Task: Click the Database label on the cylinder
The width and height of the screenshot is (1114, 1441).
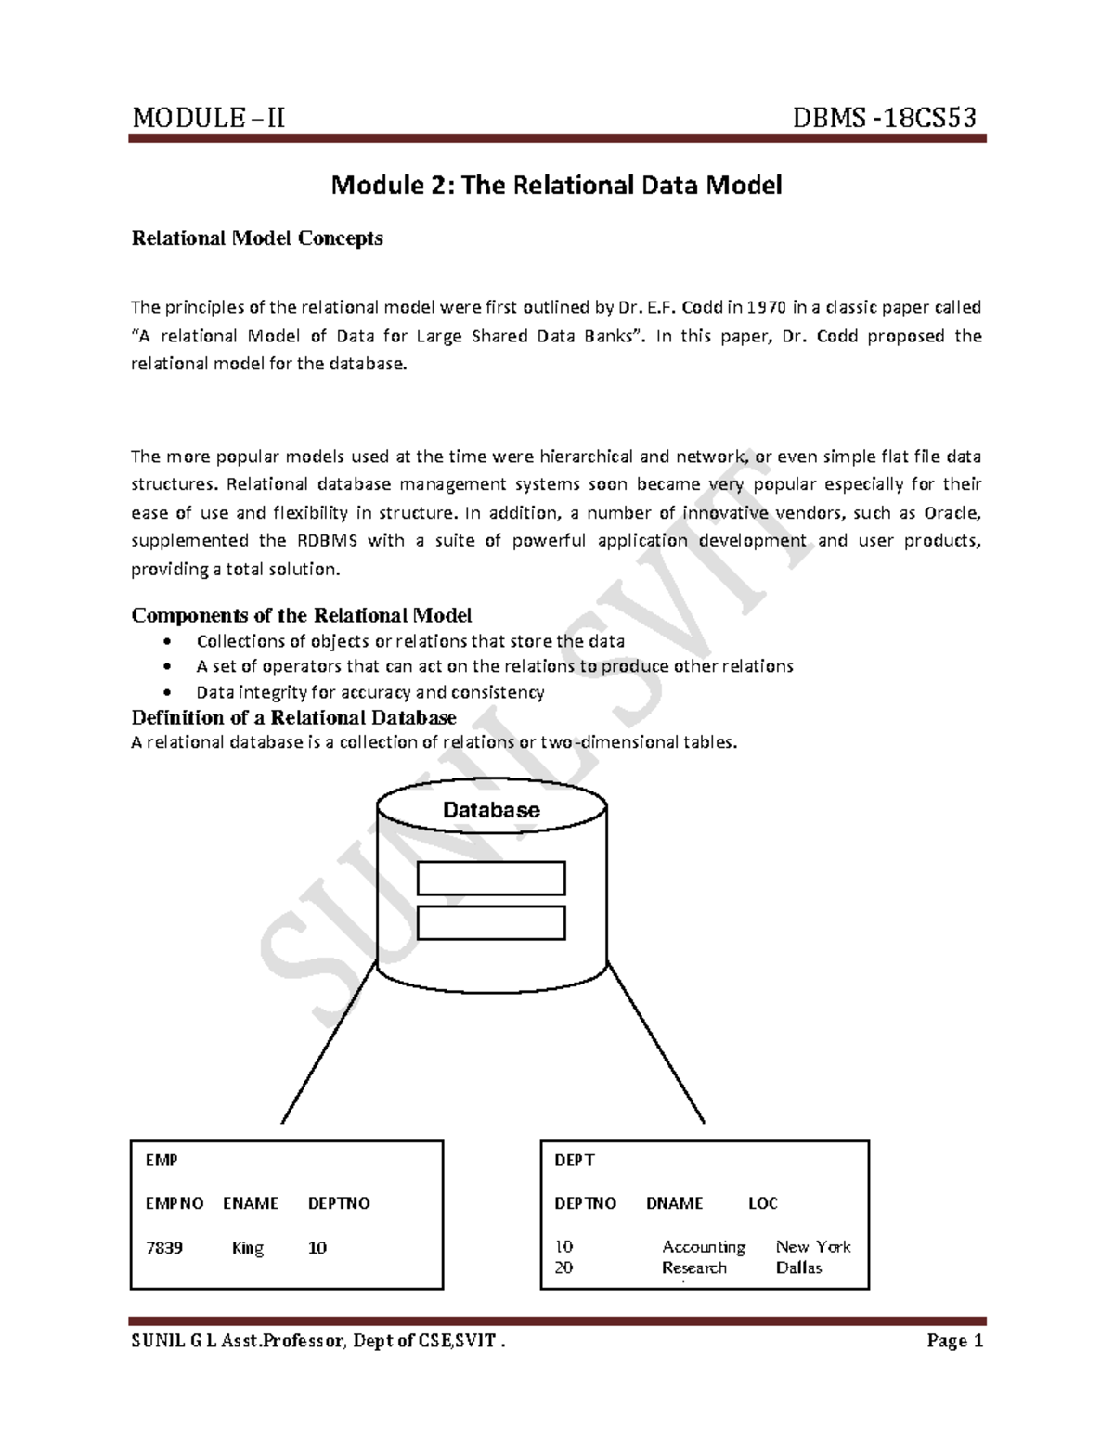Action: click(491, 810)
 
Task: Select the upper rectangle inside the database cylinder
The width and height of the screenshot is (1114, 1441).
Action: click(491, 878)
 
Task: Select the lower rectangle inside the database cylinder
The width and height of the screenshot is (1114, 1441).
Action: click(491, 922)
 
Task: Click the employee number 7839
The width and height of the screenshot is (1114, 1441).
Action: click(164, 1248)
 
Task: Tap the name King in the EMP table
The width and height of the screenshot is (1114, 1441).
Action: click(248, 1248)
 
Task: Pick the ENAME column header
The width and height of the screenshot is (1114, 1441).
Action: click(251, 1203)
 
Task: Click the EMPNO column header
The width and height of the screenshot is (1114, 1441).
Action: click(175, 1203)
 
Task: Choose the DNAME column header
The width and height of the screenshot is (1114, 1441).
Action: click(675, 1203)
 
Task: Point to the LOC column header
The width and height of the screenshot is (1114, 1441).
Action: click(763, 1203)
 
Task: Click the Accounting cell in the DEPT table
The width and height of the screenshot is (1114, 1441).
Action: click(704, 1247)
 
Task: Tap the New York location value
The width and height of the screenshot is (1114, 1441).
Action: click(813, 1247)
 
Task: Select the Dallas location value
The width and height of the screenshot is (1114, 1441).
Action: click(799, 1267)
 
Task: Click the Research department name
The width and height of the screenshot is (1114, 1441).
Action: click(694, 1267)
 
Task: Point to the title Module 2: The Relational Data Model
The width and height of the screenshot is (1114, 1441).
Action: click(557, 186)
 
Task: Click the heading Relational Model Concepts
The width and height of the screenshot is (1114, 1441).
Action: click(257, 238)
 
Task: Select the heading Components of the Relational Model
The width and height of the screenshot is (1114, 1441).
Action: click(302, 615)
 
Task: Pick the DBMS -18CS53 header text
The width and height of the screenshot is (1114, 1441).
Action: click(885, 118)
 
